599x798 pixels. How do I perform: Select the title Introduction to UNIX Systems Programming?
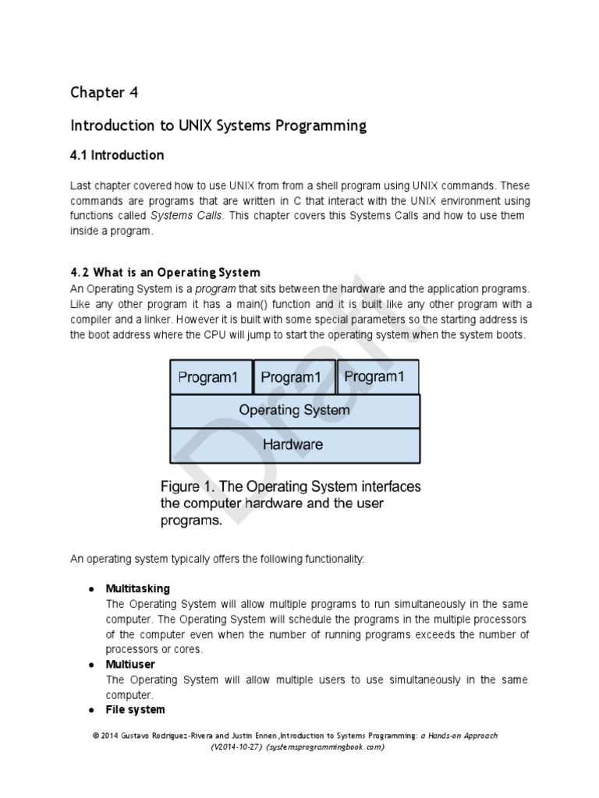[x=218, y=125]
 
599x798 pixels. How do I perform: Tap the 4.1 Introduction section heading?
[x=117, y=155]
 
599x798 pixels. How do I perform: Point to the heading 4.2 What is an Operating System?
[x=165, y=273]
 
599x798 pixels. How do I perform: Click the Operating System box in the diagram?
[x=294, y=410]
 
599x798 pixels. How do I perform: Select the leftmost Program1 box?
[x=208, y=377]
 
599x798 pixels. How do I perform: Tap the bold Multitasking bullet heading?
[x=137, y=588]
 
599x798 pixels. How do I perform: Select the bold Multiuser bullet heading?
[x=130, y=665]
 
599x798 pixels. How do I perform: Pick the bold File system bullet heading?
[x=135, y=709]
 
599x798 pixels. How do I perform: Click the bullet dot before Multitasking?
[x=91, y=588]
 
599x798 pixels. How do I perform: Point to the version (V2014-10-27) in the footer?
[x=236, y=747]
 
